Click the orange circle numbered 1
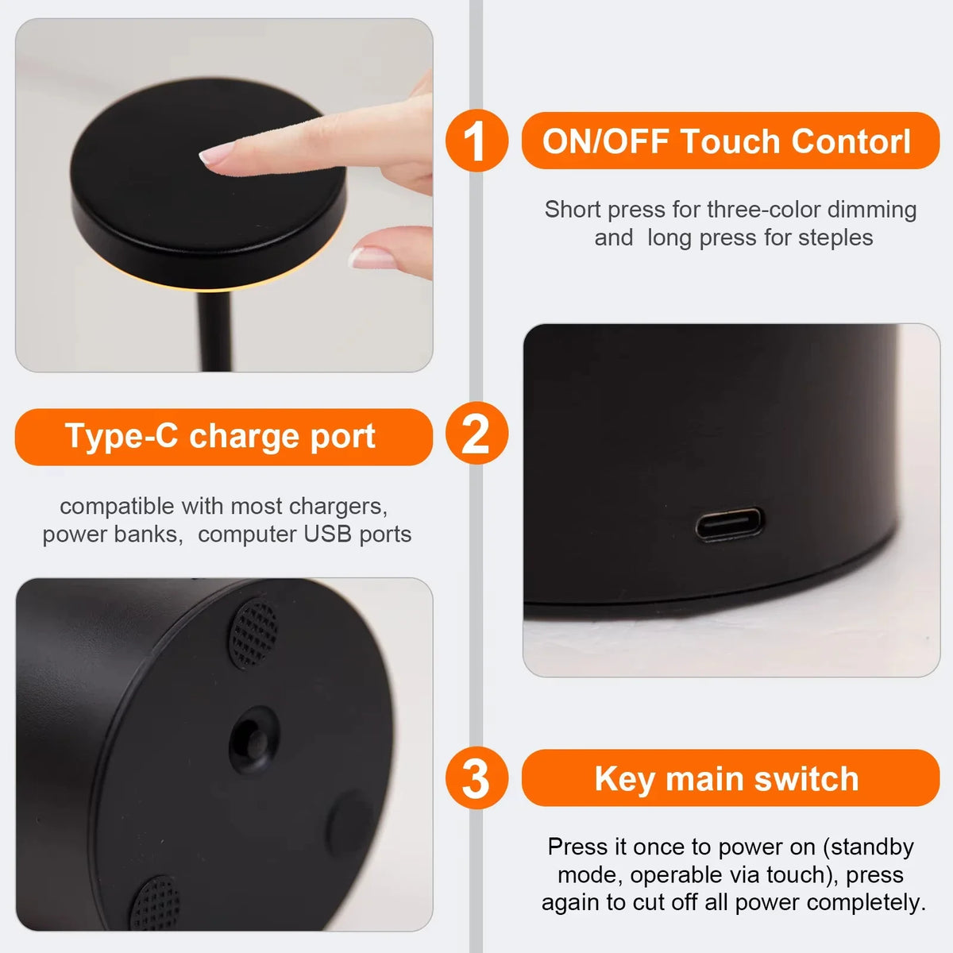(x=476, y=141)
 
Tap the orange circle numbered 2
(x=476, y=434)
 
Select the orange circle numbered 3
(x=476, y=777)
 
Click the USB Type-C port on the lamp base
(x=730, y=524)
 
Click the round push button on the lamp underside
(x=253, y=740)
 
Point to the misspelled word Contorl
(x=851, y=141)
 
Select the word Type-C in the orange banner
(x=122, y=436)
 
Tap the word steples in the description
(x=835, y=238)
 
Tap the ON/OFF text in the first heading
(x=606, y=141)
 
